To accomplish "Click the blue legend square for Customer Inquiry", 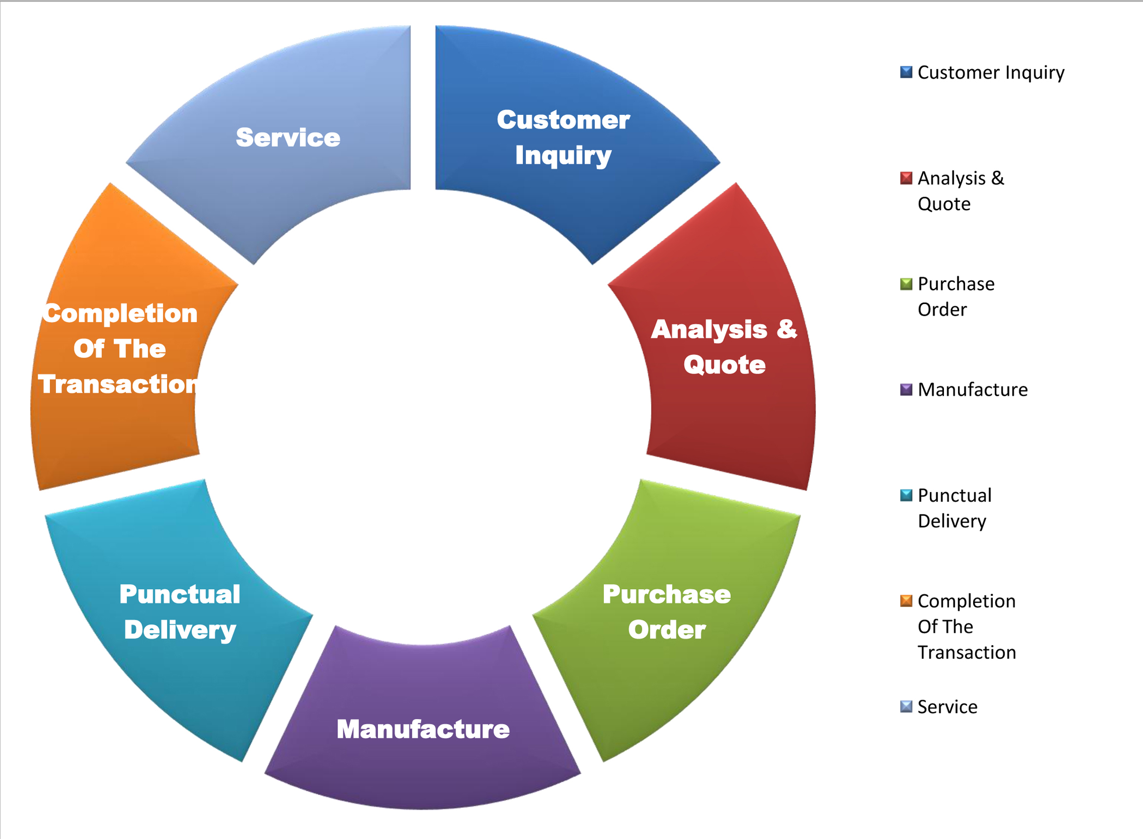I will coord(906,72).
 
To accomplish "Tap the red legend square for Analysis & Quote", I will coord(906,178).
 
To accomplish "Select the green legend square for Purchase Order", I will coord(906,283).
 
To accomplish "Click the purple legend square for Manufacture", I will coord(906,390).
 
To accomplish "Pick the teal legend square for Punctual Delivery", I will coord(906,495).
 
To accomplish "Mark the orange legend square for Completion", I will coord(906,601).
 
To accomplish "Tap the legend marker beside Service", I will coord(906,706).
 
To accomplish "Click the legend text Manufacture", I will coord(972,390).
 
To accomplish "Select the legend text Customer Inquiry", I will coord(991,72).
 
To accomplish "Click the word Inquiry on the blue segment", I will coord(563,155).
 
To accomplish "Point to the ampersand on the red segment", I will coord(786,328).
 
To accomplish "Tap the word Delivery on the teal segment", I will coord(180,630).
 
